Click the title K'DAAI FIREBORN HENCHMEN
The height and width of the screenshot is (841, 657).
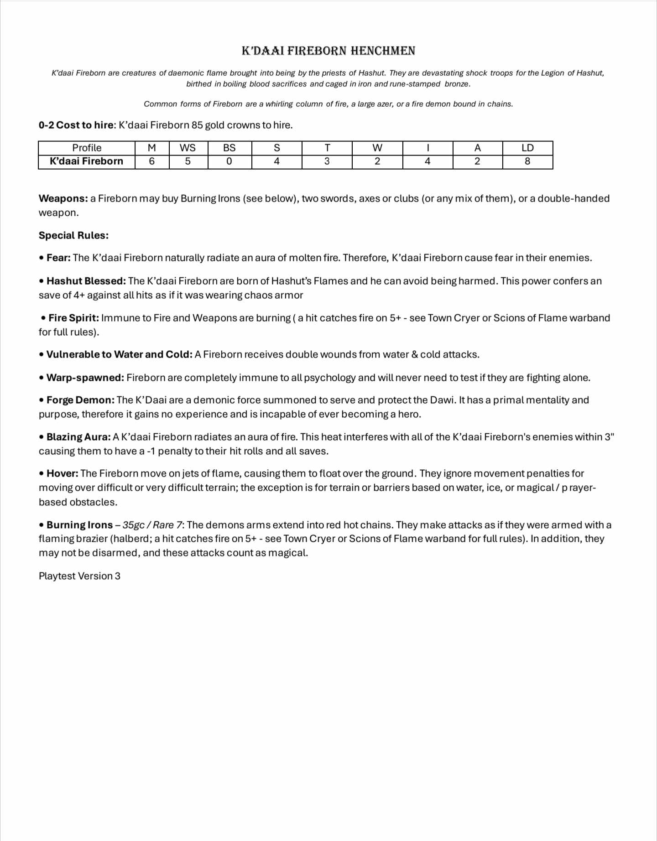328,51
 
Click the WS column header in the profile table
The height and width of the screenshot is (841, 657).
188,148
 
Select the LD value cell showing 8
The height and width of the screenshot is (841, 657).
527,161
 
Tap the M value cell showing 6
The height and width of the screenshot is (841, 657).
152,161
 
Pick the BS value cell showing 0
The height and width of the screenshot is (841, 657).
229,161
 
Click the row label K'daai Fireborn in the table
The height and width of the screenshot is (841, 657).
87,161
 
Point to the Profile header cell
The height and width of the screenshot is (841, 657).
87,148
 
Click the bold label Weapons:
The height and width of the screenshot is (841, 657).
63,198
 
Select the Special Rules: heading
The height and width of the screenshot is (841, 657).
73,235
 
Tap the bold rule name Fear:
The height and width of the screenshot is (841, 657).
58,258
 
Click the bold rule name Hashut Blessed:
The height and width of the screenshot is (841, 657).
86,281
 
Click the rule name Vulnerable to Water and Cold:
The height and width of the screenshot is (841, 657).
119,354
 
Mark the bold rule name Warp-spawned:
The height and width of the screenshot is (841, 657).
85,378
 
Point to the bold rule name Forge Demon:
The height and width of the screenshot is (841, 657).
80,400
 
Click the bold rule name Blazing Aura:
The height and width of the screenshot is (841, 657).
78,437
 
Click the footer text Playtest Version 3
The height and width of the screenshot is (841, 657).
79,576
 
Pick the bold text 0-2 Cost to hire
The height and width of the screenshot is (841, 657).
76,125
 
